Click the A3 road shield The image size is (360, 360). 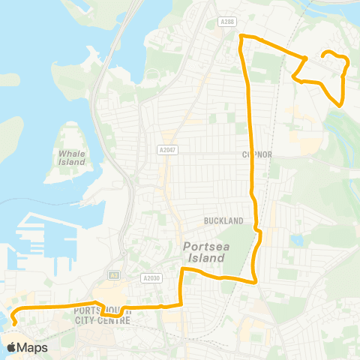coord(115,274)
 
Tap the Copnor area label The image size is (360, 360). coord(256,154)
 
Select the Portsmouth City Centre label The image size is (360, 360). coord(105,315)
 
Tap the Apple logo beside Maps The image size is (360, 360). coord(11,347)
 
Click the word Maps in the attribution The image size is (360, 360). coord(32,347)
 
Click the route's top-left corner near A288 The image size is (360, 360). coord(240,37)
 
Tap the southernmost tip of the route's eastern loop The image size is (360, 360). coord(341,106)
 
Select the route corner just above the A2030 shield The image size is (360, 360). coord(182,268)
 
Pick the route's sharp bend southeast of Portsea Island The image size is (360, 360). coord(255,282)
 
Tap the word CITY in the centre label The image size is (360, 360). coord(94,320)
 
